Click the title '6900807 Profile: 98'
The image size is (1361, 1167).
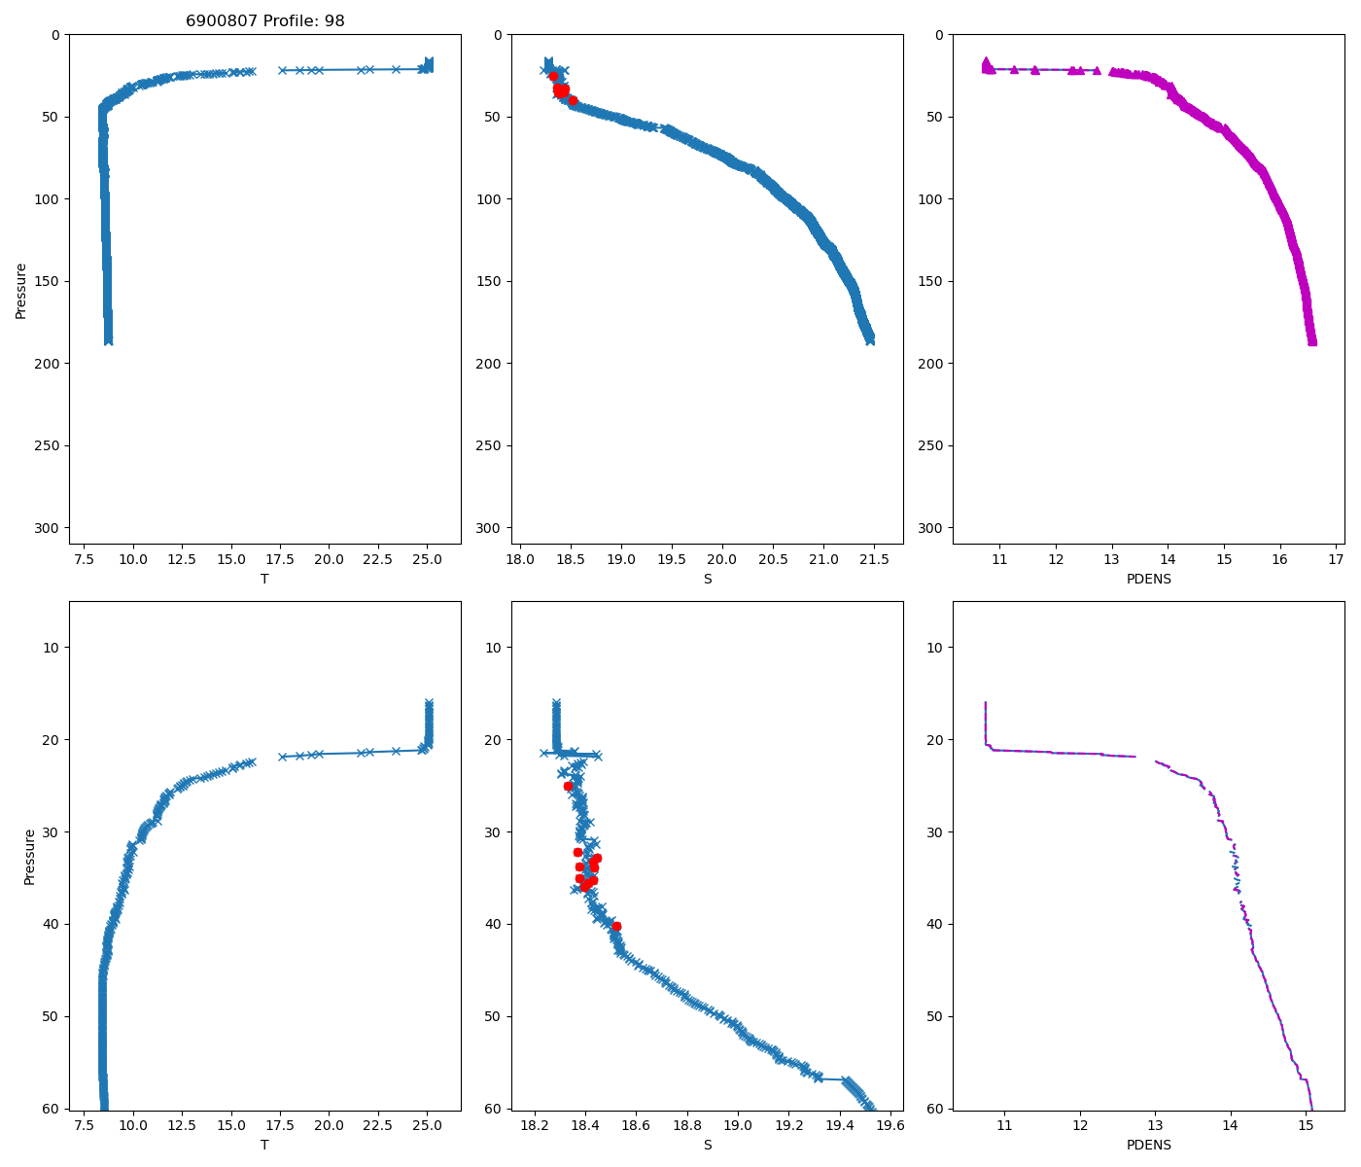pos(264,20)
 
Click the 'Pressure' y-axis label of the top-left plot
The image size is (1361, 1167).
pos(21,290)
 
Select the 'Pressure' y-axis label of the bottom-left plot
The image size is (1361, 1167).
pos(29,856)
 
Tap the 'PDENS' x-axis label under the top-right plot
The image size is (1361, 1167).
pos(1148,579)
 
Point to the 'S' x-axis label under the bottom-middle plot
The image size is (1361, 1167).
pos(707,1145)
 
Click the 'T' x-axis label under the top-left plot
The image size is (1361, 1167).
pos(264,579)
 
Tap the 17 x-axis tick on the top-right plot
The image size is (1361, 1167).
pos(1336,559)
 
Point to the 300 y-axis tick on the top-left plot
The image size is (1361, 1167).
pos(49,527)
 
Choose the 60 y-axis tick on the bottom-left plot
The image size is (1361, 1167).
pos(52,1109)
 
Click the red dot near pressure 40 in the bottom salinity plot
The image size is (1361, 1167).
pos(616,926)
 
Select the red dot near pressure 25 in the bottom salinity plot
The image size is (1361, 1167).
pos(568,786)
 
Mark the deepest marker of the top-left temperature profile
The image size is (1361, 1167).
pos(108,340)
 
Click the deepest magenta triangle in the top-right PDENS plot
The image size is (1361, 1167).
pos(1311,341)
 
